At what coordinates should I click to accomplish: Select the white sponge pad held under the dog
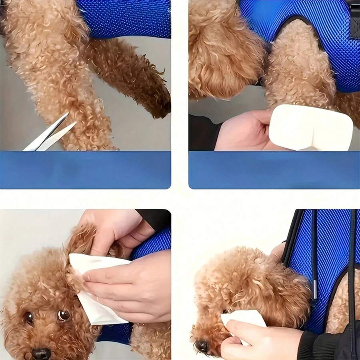tap(310, 127)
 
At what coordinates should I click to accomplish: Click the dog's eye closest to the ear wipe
tap(64, 315)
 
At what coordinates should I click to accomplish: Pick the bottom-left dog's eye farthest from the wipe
tap(29, 318)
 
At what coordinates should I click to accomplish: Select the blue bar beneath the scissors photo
tap(85, 170)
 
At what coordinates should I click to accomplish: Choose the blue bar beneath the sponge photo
tap(274, 170)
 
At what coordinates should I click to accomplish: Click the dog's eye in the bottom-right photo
tap(226, 310)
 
